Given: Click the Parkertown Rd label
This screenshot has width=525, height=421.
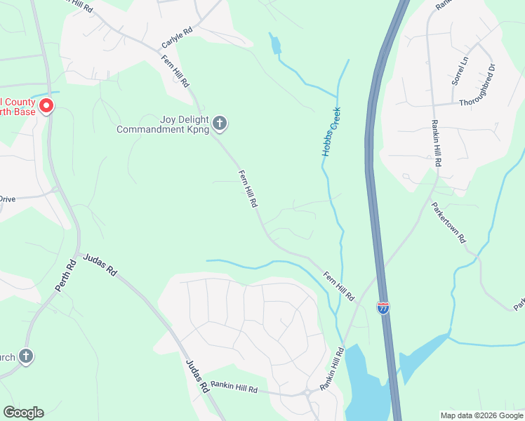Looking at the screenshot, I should pyautogui.click(x=448, y=223).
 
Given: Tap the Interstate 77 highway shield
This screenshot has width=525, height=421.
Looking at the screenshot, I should pyautogui.click(x=383, y=308).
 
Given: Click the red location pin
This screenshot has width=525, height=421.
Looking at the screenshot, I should pyautogui.click(x=46, y=107).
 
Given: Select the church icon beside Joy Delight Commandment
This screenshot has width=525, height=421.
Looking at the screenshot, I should pyautogui.click(x=220, y=124).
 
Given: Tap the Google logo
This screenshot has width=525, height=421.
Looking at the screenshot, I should pyautogui.click(x=23, y=412).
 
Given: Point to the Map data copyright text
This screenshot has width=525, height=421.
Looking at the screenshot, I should pyautogui.click(x=481, y=415).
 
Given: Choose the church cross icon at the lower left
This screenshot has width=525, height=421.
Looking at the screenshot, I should pyautogui.click(x=26, y=356).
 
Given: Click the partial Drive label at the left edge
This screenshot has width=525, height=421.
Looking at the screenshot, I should pyautogui.click(x=7, y=199).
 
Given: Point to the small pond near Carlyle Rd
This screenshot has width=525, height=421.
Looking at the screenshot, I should pyautogui.click(x=276, y=46).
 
